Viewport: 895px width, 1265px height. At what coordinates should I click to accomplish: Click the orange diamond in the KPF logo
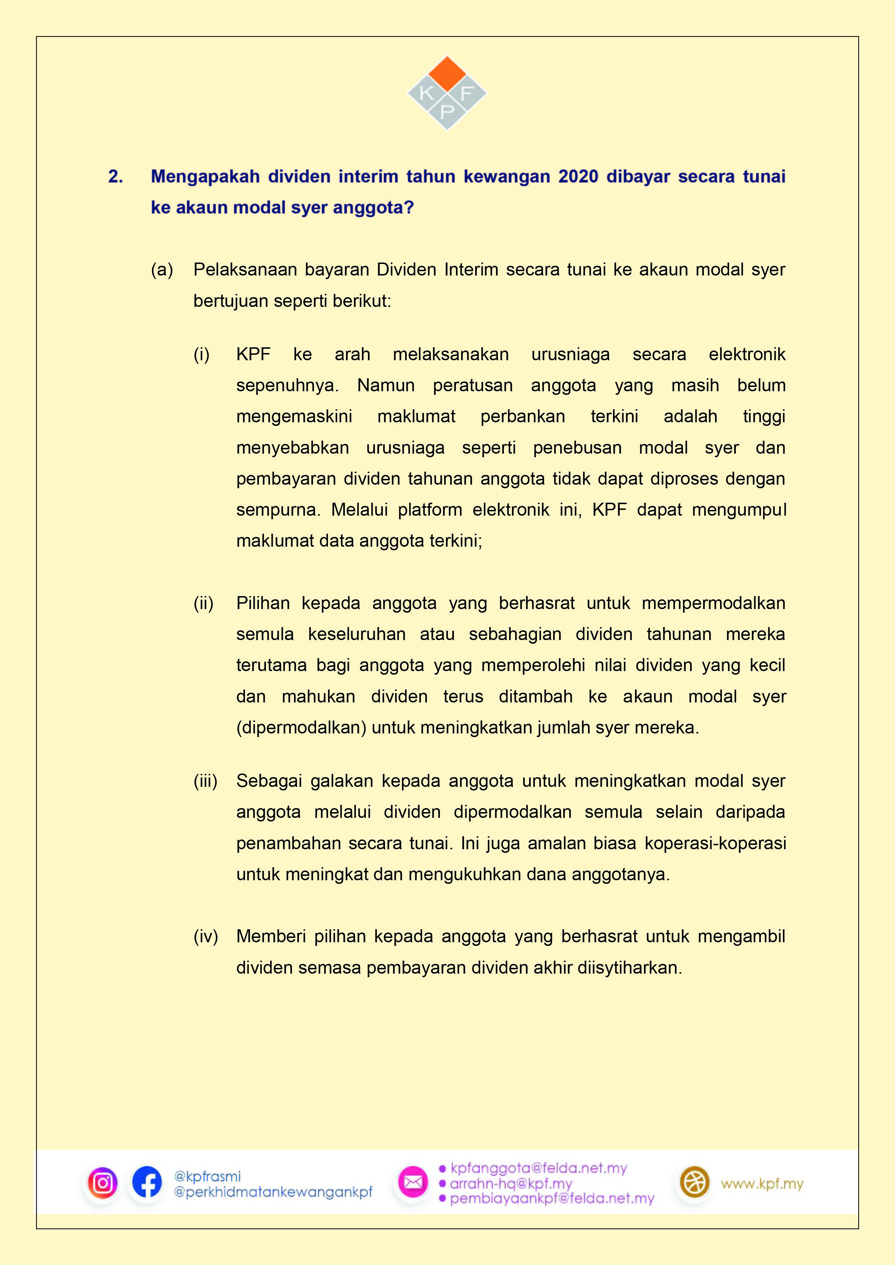[447, 74]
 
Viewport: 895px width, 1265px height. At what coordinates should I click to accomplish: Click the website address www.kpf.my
[762, 1184]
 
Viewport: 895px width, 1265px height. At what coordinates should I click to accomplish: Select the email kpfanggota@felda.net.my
[539, 1168]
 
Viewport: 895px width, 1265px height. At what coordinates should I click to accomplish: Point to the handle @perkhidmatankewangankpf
[273, 1192]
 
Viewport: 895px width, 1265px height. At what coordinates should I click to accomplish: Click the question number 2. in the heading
[116, 176]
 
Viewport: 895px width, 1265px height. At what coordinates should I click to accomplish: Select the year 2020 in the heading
[578, 176]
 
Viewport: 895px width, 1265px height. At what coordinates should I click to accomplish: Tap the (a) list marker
[162, 269]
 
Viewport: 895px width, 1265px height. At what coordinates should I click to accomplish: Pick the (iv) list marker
[206, 936]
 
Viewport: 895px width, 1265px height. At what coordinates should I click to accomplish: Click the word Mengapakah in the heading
[205, 176]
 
